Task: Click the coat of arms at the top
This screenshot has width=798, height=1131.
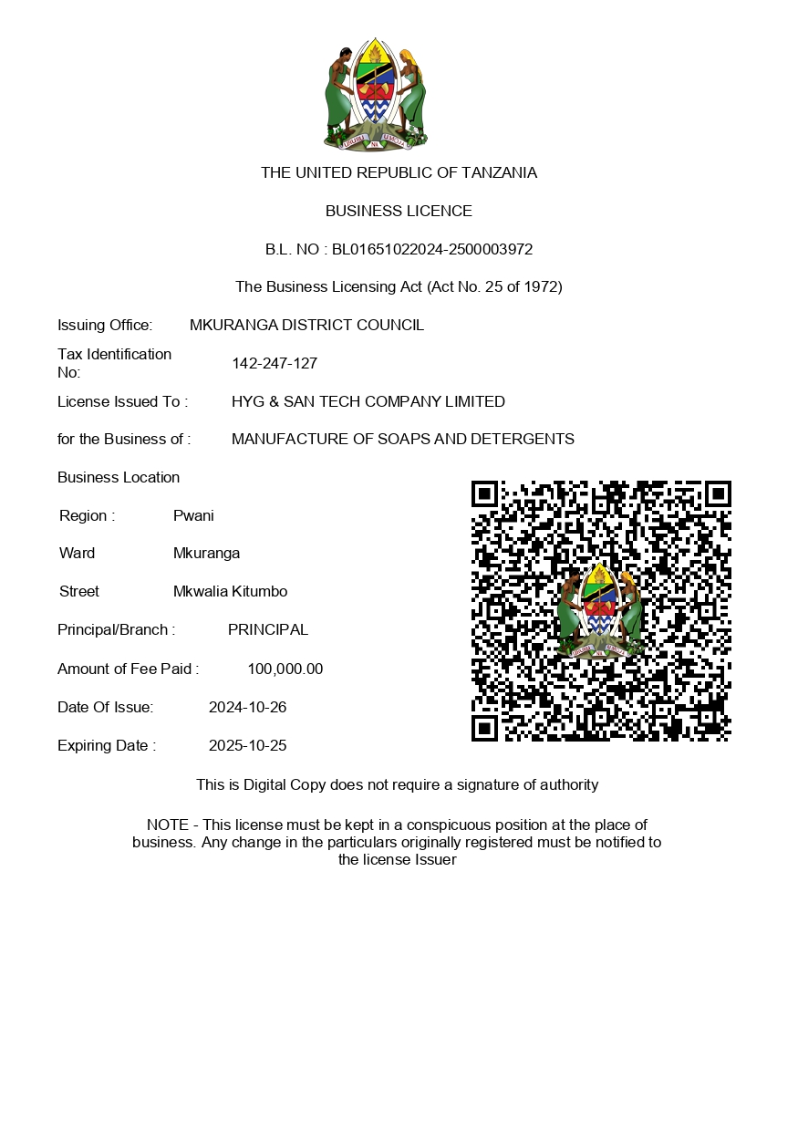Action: (375, 95)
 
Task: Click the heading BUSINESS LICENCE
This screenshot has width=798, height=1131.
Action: (399, 212)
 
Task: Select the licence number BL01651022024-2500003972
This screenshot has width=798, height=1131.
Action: (432, 250)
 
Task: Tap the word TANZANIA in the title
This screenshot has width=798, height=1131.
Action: (499, 173)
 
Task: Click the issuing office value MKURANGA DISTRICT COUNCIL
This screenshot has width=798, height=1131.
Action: (306, 326)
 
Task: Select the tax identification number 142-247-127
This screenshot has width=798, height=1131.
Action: (275, 364)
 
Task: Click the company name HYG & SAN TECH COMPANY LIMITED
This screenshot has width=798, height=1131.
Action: (368, 402)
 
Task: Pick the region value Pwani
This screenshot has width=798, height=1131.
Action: (193, 516)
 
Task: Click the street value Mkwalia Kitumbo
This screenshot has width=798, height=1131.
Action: (230, 592)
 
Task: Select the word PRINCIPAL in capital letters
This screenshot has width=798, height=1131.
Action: (268, 630)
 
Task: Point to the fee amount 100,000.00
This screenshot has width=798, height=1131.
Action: (285, 669)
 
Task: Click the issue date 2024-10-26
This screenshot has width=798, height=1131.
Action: (247, 708)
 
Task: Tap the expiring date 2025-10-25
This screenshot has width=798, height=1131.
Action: (247, 746)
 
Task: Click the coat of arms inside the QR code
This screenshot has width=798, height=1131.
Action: (600, 610)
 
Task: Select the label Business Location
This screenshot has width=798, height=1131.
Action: (119, 478)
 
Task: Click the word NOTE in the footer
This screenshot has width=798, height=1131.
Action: (167, 825)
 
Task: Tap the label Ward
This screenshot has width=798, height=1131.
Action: (77, 554)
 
